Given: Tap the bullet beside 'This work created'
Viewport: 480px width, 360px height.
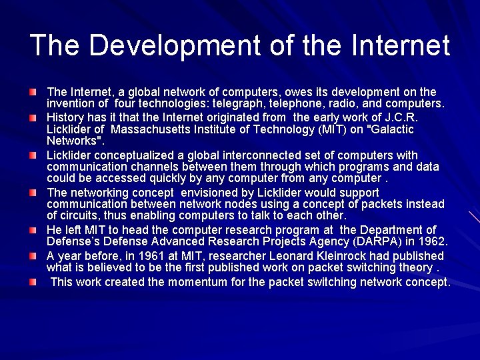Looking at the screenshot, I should [33, 282].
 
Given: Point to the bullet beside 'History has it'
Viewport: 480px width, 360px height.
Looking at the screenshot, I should [33, 117].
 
